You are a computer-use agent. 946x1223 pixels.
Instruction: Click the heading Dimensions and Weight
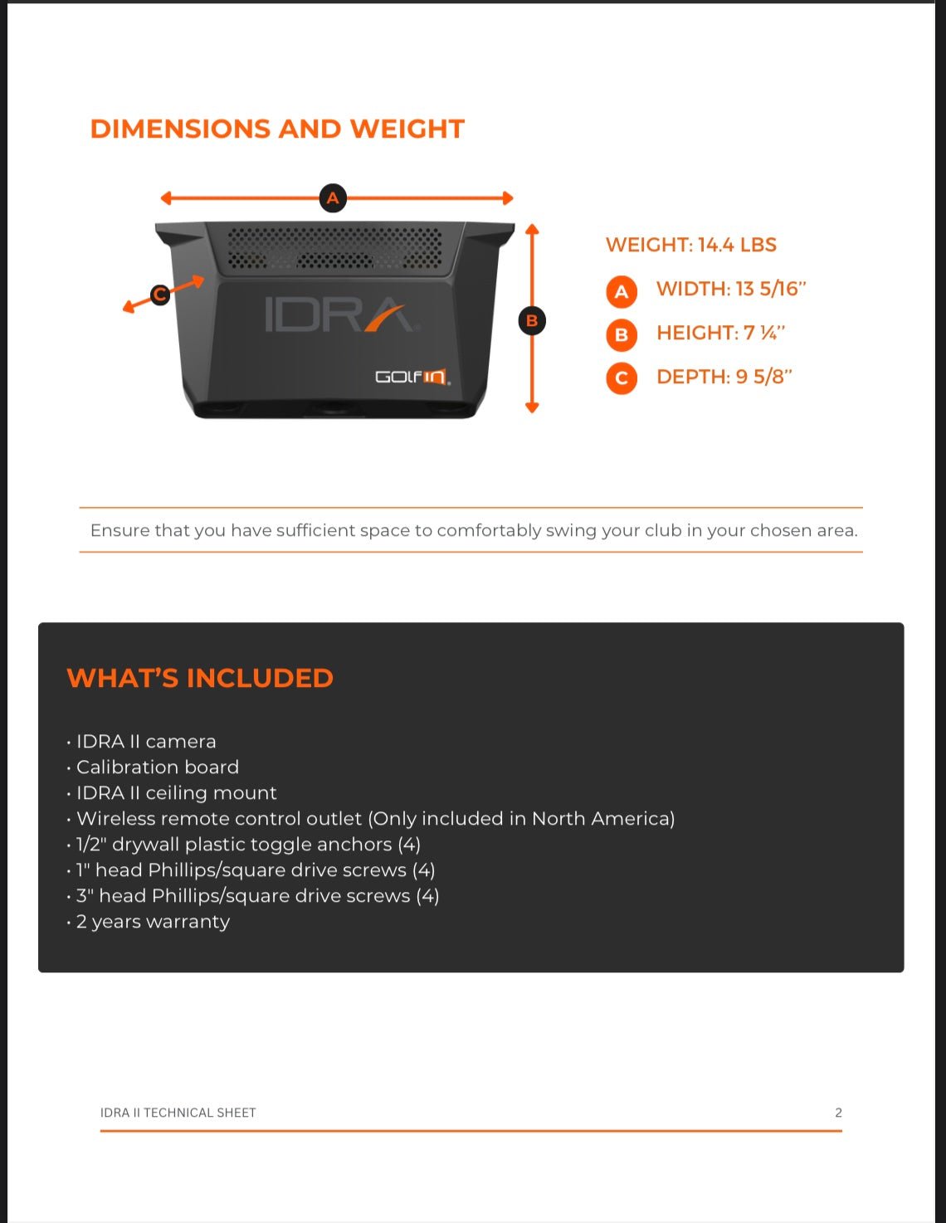pyautogui.click(x=277, y=129)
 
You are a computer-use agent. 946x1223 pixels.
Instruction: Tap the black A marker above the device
pyautogui.click(x=333, y=198)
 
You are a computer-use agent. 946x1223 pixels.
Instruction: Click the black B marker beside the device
pyautogui.click(x=532, y=320)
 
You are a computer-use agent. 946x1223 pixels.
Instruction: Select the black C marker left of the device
pyautogui.click(x=160, y=294)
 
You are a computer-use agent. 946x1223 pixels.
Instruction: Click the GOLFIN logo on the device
pyautogui.click(x=412, y=377)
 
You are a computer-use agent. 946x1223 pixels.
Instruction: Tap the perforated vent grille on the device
pyautogui.click(x=334, y=248)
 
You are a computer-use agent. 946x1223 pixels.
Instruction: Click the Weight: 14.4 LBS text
pyautogui.click(x=690, y=245)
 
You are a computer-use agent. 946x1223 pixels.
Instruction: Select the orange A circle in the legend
pyautogui.click(x=622, y=292)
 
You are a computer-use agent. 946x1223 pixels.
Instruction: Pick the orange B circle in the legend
pyautogui.click(x=622, y=335)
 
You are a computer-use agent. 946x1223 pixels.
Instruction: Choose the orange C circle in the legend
pyautogui.click(x=622, y=378)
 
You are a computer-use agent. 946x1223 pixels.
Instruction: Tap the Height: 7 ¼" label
pyautogui.click(x=720, y=333)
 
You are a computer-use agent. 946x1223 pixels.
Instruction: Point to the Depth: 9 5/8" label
pyautogui.click(x=724, y=377)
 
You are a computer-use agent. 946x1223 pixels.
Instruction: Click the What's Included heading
pyautogui.click(x=200, y=678)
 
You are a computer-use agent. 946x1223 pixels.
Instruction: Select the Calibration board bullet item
pyautogui.click(x=157, y=767)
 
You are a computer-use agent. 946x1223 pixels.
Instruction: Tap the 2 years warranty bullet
pyautogui.click(x=153, y=922)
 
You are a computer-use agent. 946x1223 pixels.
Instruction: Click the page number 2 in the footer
pyautogui.click(x=838, y=1113)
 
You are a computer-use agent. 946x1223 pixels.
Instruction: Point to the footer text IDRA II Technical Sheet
pyautogui.click(x=178, y=1113)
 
